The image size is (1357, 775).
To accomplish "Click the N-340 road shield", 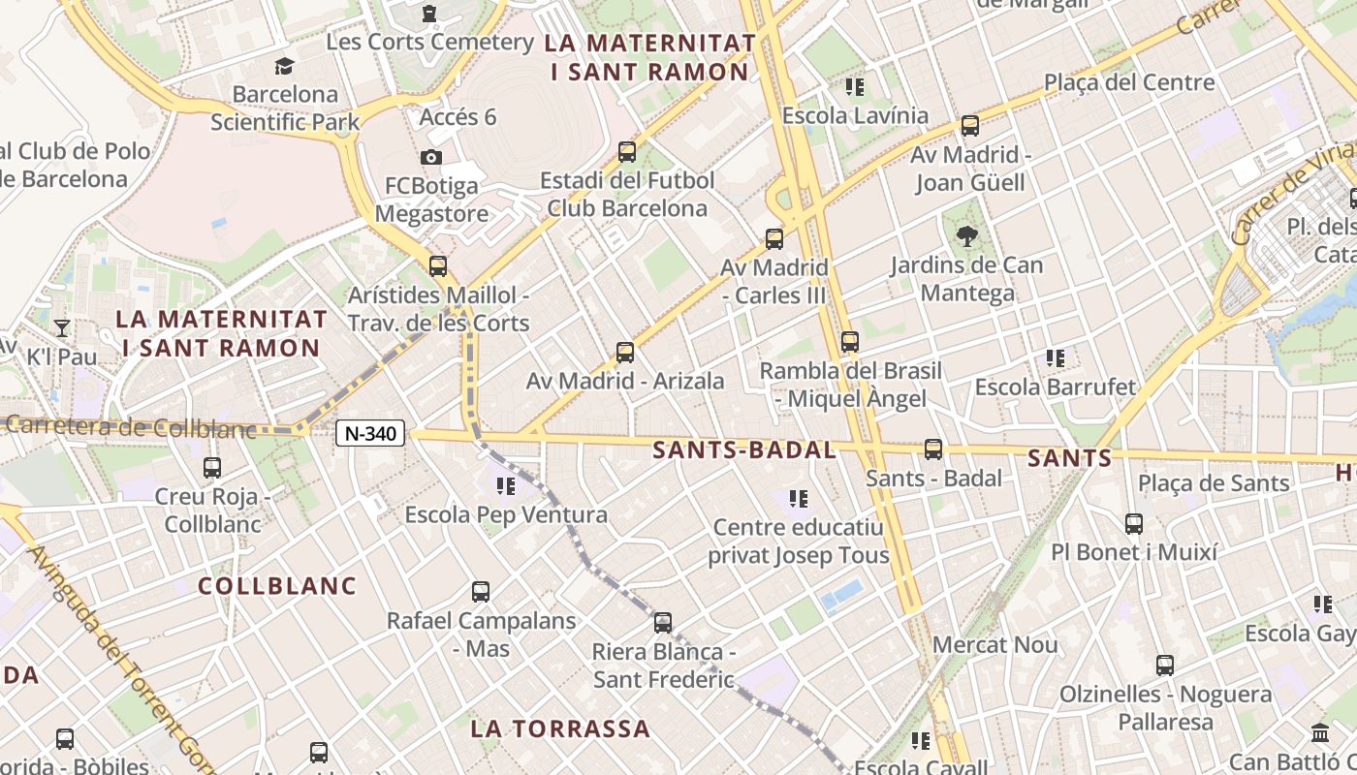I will [x=370, y=433].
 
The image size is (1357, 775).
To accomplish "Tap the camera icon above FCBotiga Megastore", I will [x=431, y=157].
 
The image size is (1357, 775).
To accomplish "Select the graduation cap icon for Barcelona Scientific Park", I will [x=284, y=66].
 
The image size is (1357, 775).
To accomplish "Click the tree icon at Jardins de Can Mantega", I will [x=966, y=235].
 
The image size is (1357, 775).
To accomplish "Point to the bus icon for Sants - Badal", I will [x=933, y=449].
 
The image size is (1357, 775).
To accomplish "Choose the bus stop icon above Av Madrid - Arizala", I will [x=625, y=353].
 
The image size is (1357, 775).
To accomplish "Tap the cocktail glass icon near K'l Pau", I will [x=62, y=327].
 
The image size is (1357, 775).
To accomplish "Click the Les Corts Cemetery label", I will [x=429, y=42].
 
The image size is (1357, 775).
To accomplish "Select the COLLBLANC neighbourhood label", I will [x=277, y=586].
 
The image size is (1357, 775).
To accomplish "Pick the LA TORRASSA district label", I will [x=560, y=728].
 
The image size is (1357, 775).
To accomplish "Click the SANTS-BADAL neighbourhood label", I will [x=743, y=449].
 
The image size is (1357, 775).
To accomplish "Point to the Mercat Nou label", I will [x=994, y=645].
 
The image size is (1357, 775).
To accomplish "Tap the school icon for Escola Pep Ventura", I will [x=505, y=486].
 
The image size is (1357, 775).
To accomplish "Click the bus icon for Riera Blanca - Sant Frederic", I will [x=663, y=623].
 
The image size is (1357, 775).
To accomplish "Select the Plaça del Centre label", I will [x=1129, y=82].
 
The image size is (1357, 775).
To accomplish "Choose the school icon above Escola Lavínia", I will [x=854, y=87].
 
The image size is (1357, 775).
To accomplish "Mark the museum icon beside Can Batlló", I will [x=1319, y=733].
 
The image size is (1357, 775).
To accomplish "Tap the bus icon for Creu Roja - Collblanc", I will [x=212, y=468].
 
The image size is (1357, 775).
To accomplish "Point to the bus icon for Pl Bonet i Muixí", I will [x=1134, y=524].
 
